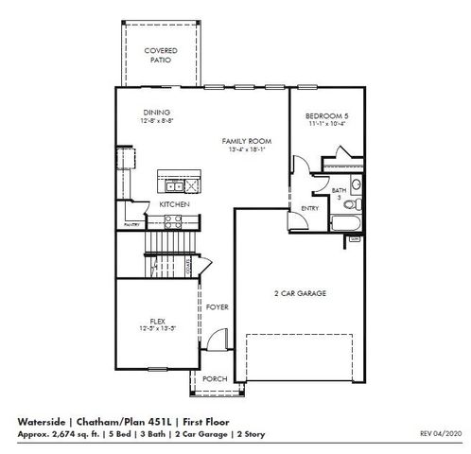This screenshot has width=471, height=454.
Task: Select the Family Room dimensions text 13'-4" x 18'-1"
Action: click(246, 148)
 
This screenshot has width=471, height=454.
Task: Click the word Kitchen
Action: click(174, 204)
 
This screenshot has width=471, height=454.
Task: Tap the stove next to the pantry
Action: click(173, 221)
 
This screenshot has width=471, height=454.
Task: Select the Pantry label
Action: click(130, 226)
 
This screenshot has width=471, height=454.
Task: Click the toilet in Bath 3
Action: click(352, 203)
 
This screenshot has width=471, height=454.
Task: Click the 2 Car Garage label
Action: click(300, 294)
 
